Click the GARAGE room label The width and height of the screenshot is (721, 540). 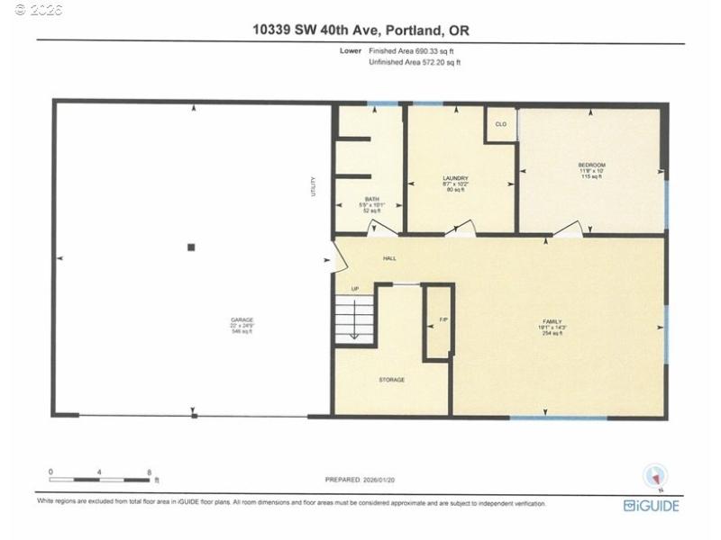click(x=241, y=319)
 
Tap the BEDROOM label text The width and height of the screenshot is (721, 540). click(x=591, y=165)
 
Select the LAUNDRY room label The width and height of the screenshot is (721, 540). click(x=455, y=179)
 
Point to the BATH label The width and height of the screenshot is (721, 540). click(x=370, y=199)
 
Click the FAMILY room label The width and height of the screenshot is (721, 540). click(x=552, y=321)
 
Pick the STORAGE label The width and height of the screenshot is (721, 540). click(x=391, y=380)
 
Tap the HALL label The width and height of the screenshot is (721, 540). click(x=389, y=258)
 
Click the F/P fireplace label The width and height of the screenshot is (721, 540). click(x=443, y=320)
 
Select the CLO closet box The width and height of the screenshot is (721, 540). click(x=501, y=124)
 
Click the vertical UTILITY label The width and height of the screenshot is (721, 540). click(x=314, y=186)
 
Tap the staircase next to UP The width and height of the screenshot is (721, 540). click(x=354, y=319)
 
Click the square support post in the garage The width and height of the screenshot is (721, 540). click(x=191, y=247)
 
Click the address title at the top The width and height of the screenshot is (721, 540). click(x=360, y=31)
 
